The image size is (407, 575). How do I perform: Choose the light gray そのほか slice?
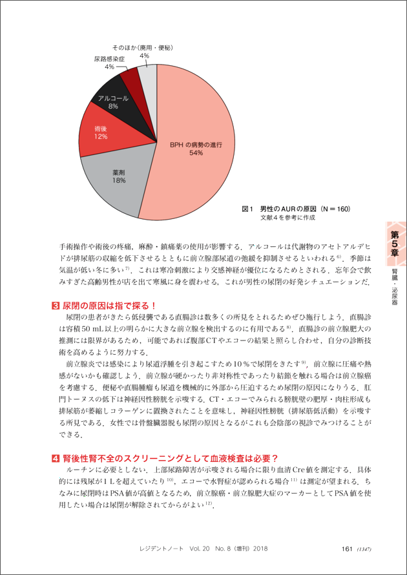tap(148, 76)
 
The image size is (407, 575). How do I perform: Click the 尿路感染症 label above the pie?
tap(109, 58)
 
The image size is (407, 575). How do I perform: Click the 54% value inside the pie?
tap(196, 154)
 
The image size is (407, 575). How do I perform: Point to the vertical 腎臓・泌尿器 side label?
tap(394, 284)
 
